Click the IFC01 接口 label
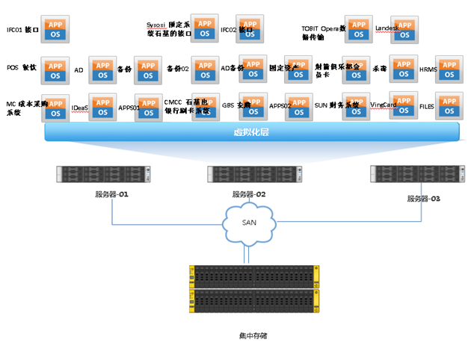(x=22, y=31)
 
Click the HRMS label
(x=428, y=69)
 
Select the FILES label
(x=426, y=107)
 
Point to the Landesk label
(x=387, y=28)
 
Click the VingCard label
(x=383, y=107)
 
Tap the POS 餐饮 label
(x=21, y=68)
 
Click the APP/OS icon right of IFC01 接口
(x=55, y=29)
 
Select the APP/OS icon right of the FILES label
(x=449, y=105)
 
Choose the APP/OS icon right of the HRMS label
(x=449, y=69)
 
